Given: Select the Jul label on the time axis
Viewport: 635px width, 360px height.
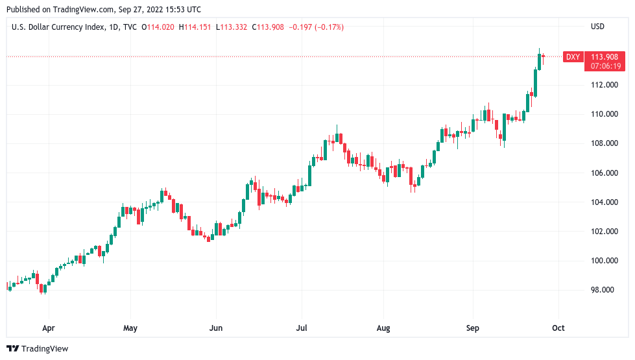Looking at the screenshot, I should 301,328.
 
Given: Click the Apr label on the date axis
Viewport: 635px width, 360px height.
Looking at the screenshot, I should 47,328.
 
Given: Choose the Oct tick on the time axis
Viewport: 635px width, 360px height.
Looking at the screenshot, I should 558,328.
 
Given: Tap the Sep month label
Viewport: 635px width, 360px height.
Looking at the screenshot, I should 473,328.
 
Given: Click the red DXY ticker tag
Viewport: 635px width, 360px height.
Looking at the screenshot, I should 573,57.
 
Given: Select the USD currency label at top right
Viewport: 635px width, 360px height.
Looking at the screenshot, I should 597,27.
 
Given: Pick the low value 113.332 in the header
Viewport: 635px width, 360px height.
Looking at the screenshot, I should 234,27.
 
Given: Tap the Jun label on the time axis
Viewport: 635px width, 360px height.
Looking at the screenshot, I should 216,328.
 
